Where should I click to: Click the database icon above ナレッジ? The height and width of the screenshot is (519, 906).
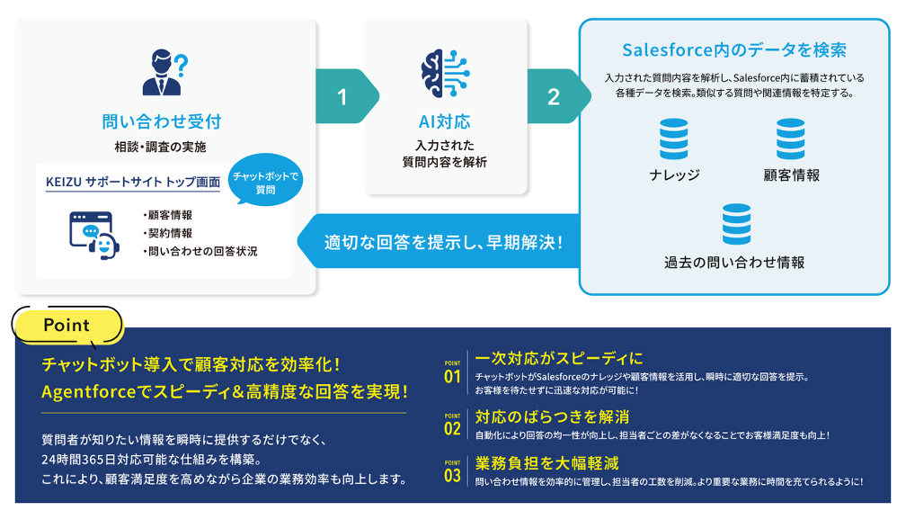click(673, 139)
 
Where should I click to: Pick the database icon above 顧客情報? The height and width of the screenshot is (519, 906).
click(791, 139)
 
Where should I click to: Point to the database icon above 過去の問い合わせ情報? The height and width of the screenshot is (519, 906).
click(735, 225)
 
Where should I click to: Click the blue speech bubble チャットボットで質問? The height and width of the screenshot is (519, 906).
click(265, 183)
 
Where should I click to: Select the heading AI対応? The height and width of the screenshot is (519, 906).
click(444, 121)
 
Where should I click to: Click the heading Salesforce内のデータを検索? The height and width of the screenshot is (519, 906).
click(734, 50)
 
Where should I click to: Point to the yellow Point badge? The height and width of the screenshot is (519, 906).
click(67, 326)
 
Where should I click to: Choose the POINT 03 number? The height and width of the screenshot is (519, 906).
click(452, 474)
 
